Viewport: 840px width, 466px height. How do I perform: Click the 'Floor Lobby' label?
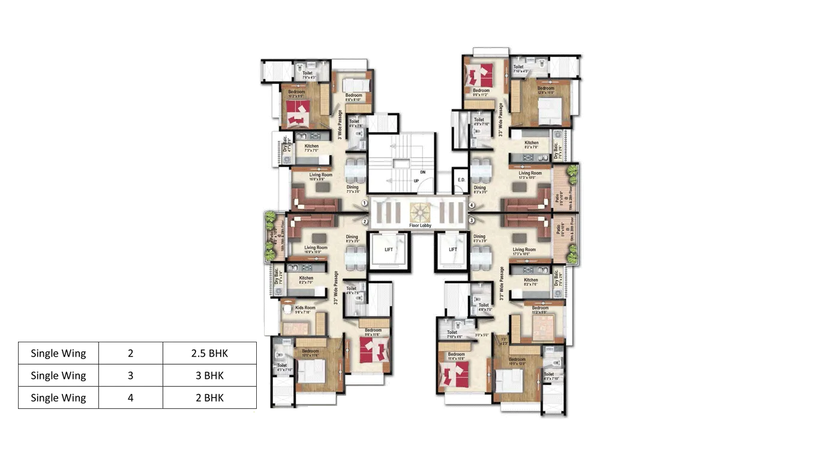tap(420, 226)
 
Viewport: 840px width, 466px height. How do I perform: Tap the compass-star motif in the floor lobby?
tap(420, 212)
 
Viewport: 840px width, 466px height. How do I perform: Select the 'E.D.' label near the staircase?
tap(461, 180)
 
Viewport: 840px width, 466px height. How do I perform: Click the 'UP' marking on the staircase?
tap(416, 181)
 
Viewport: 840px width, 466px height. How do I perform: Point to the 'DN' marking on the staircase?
tap(422, 172)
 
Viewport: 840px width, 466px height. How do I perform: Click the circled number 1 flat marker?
tap(365, 204)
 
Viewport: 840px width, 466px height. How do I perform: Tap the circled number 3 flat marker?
tap(472, 220)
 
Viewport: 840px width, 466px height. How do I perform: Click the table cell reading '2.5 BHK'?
tap(210, 353)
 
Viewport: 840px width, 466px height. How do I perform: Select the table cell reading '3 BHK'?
tap(210, 375)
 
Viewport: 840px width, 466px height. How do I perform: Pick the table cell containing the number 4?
tap(131, 398)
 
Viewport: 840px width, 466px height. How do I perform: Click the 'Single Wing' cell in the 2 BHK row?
tap(58, 398)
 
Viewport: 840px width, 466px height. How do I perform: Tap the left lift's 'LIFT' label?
tap(388, 249)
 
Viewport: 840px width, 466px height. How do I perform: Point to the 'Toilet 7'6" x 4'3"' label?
tap(307, 75)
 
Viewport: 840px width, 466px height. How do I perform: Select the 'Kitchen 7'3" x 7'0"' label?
tap(311, 148)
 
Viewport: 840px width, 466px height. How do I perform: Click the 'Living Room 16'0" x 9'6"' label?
tap(316, 177)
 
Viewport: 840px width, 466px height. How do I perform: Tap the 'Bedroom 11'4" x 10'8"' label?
tap(456, 357)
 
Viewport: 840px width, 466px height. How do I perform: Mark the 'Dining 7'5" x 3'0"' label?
tap(353, 189)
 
